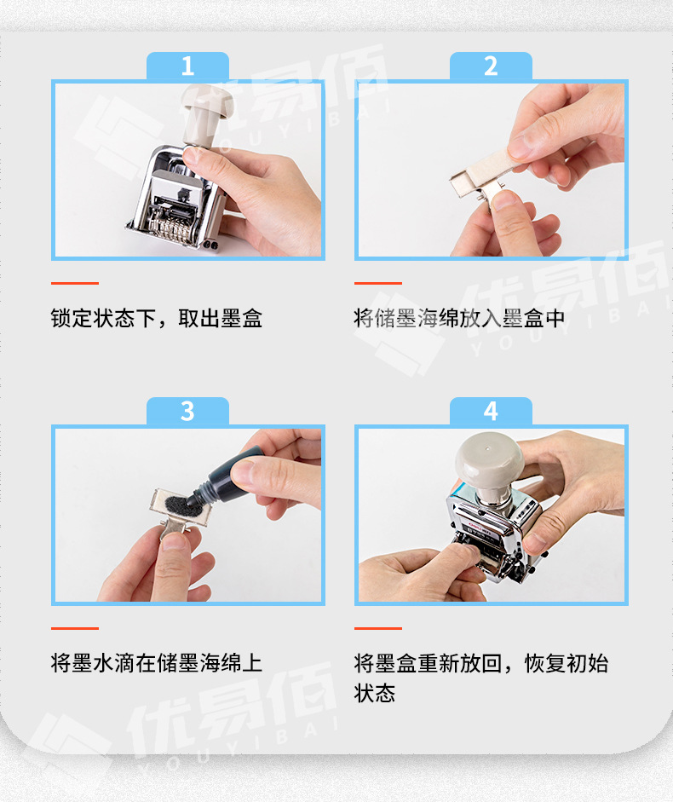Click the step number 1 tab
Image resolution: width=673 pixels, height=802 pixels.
coord(187,66)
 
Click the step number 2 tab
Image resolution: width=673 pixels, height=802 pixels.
coord(491,66)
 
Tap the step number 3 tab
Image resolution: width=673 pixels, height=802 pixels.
coord(187,412)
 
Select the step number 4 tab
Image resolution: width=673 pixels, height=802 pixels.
coord(491,412)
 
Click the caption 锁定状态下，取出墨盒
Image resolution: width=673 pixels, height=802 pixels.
coord(157,318)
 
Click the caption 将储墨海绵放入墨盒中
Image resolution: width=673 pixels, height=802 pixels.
coord(459,318)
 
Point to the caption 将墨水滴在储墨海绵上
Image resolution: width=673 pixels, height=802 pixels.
coord(157,663)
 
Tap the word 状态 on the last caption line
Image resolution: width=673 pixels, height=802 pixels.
coord(375,693)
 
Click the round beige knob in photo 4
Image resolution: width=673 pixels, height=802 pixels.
coord(489,460)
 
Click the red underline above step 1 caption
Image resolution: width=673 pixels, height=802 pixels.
coord(75,283)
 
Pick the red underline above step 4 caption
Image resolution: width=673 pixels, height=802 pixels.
coord(378,628)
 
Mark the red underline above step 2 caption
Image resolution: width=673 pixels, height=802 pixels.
coord(378,283)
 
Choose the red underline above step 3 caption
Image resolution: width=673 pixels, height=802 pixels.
coord(75,628)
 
